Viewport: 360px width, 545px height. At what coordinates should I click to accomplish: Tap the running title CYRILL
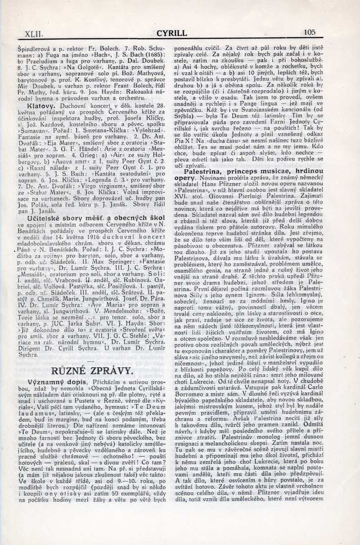(x=171, y=33)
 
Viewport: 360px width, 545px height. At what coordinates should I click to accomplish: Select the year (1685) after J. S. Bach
(x=148, y=54)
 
